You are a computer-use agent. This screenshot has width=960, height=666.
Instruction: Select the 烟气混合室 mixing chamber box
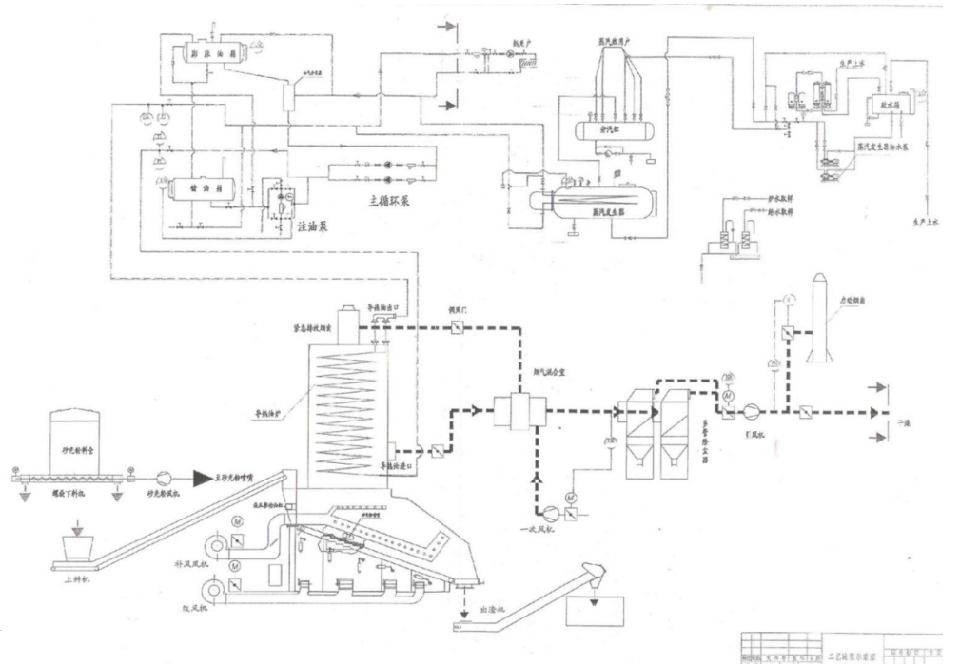pyautogui.click(x=519, y=412)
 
